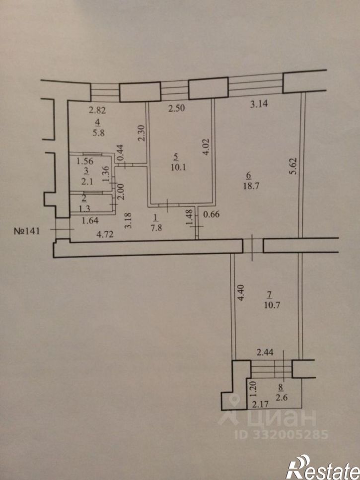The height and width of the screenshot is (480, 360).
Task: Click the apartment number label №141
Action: (27, 230)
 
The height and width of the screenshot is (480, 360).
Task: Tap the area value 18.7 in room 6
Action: (251, 186)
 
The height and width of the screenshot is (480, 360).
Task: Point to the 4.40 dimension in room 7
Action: (241, 293)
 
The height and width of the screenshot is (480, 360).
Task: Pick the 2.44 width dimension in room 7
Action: (265, 352)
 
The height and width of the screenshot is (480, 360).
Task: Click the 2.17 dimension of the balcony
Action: (260, 404)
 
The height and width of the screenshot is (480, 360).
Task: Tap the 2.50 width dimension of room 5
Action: (177, 108)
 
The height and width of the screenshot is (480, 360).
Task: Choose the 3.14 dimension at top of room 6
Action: (259, 104)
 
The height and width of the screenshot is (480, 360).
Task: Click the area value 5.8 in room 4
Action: (98, 133)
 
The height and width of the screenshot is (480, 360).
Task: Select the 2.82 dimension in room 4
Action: (97, 110)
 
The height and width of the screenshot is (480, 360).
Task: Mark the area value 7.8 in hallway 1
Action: (156, 228)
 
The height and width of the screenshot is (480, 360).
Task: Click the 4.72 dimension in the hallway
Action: (105, 234)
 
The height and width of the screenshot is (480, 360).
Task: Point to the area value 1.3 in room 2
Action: (84, 208)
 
